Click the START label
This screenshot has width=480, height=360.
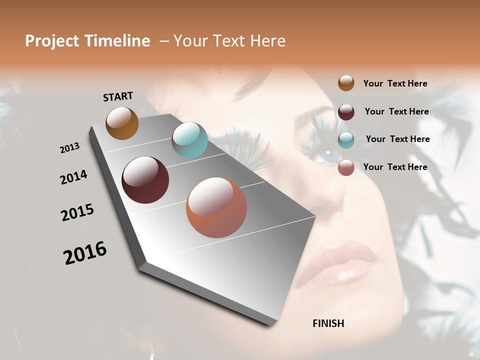coord(118,96)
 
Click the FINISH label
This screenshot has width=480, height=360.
coord(328,323)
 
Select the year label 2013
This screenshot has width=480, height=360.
coord(69,148)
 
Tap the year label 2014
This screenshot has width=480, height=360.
coord(74,177)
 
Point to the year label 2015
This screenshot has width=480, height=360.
coord(77,212)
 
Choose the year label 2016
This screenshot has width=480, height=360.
coord(85,253)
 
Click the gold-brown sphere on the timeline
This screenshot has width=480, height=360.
coord(122,123)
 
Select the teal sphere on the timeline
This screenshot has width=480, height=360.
coord(189,140)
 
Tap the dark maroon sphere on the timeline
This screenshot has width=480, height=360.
coord(145,180)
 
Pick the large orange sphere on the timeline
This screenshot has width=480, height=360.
coord(216,207)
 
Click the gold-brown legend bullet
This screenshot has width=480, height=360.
coord(346,83)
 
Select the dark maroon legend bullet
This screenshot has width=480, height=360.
coord(346,111)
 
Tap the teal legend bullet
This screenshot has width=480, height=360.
coord(346,139)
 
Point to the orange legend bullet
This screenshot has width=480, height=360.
coord(346,167)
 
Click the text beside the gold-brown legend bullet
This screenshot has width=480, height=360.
coord(395,83)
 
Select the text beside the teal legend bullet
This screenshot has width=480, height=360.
coord(397,139)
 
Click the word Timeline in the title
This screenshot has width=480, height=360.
coord(118,41)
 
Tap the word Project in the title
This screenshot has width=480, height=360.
coord(52,41)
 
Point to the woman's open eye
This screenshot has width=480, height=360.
coord(327,152)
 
